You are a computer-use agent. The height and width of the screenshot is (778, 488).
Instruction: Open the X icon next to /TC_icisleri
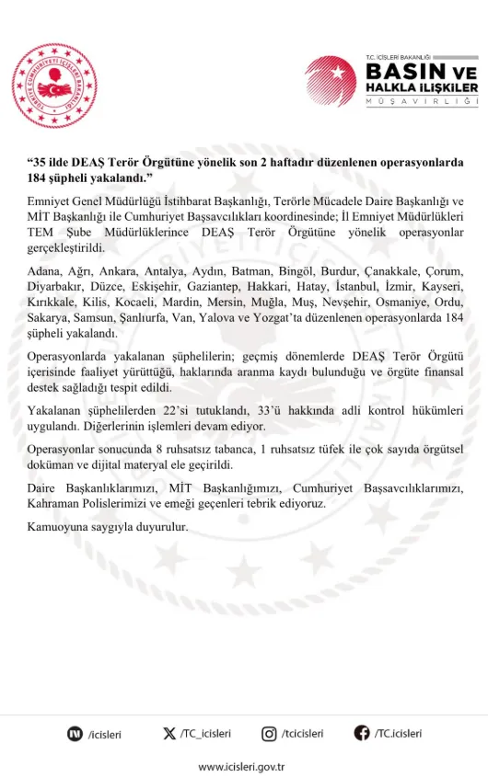168,733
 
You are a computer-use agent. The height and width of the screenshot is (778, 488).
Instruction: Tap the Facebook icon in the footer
363,733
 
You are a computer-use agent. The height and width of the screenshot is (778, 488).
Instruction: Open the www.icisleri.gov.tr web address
244,765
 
